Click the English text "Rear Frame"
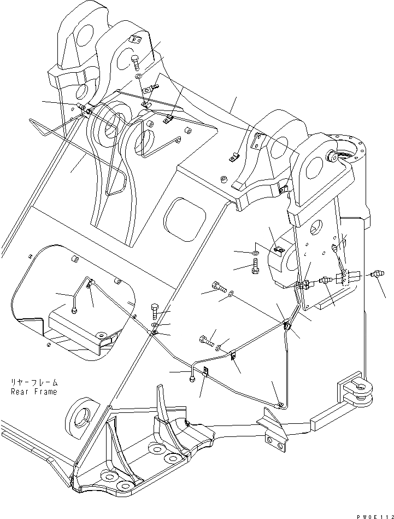coord(33,392)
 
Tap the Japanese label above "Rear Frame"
coord(33,383)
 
